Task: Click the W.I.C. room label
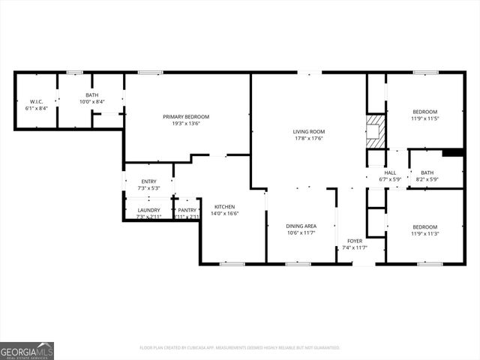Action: [36, 102]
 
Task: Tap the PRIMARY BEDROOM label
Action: [186, 116]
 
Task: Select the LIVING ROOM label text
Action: [308, 131]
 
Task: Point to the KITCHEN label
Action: [225, 206]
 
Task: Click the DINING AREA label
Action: [301, 226]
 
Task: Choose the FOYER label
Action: [355, 241]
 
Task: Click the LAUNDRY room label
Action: [148, 210]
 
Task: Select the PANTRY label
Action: [187, 210]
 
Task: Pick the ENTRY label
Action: [148, 181]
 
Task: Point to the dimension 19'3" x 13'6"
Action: [186, 124]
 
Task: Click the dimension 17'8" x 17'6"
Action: [308, 139]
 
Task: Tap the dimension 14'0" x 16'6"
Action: [225, 214]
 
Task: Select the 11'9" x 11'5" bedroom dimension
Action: [424, 118]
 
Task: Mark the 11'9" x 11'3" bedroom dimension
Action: [424, 233]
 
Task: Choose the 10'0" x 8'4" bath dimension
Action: [91, 102]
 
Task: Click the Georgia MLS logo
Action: [27, 350]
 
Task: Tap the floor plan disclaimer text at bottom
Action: [240, 347]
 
